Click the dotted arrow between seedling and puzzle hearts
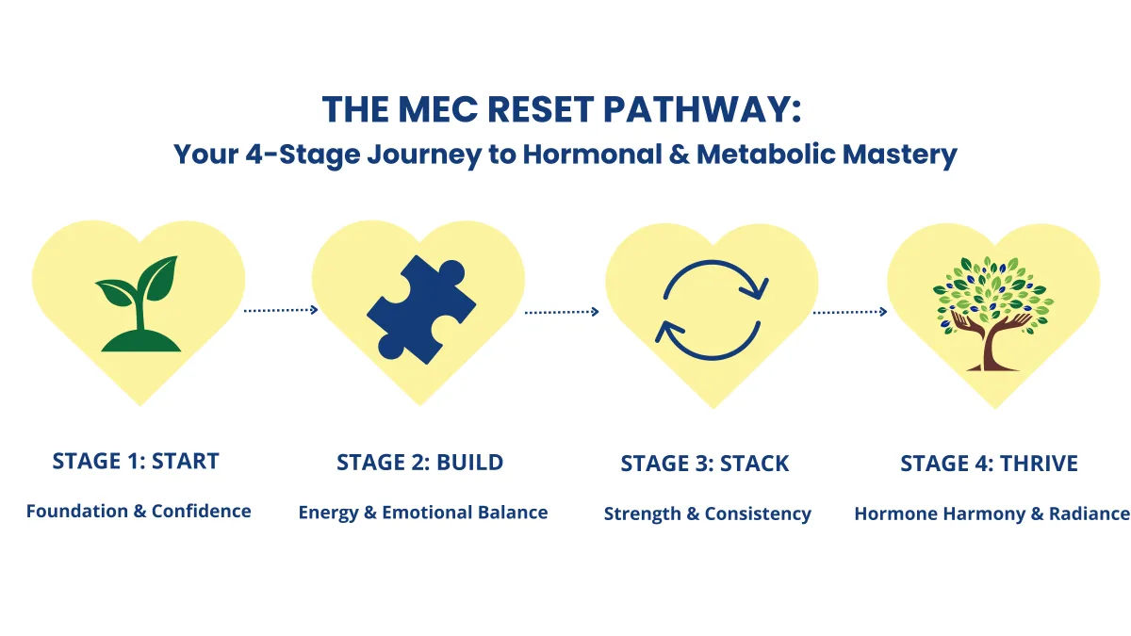[x=281, y=310]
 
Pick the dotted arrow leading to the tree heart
[x=850, y=312]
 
